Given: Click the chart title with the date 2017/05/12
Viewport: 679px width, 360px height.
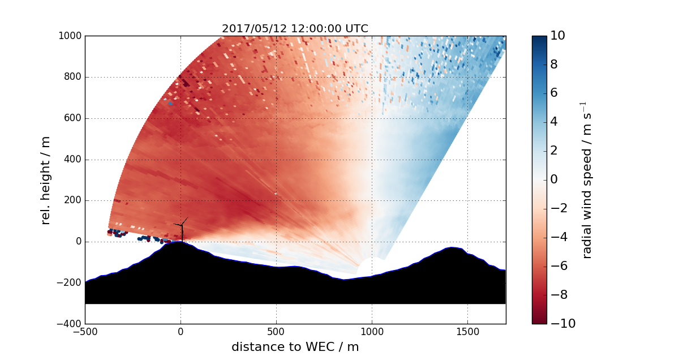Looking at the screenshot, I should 295,28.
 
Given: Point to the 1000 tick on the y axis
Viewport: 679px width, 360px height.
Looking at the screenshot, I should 70,36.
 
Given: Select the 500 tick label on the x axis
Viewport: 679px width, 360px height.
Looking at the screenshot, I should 276,332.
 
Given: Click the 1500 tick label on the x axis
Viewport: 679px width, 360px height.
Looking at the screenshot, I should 467,332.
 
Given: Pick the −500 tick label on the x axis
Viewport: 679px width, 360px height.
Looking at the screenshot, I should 85,332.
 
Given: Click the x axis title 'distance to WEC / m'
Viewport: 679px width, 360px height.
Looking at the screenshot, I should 295,347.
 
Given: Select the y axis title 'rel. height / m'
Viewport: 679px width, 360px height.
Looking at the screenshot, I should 46,180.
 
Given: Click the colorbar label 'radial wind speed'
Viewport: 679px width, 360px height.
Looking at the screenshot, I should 587,180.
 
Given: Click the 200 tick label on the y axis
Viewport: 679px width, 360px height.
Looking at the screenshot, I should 72,200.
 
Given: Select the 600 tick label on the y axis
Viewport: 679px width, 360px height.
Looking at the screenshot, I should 72,118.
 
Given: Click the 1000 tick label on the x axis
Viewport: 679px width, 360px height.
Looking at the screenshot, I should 372,332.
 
